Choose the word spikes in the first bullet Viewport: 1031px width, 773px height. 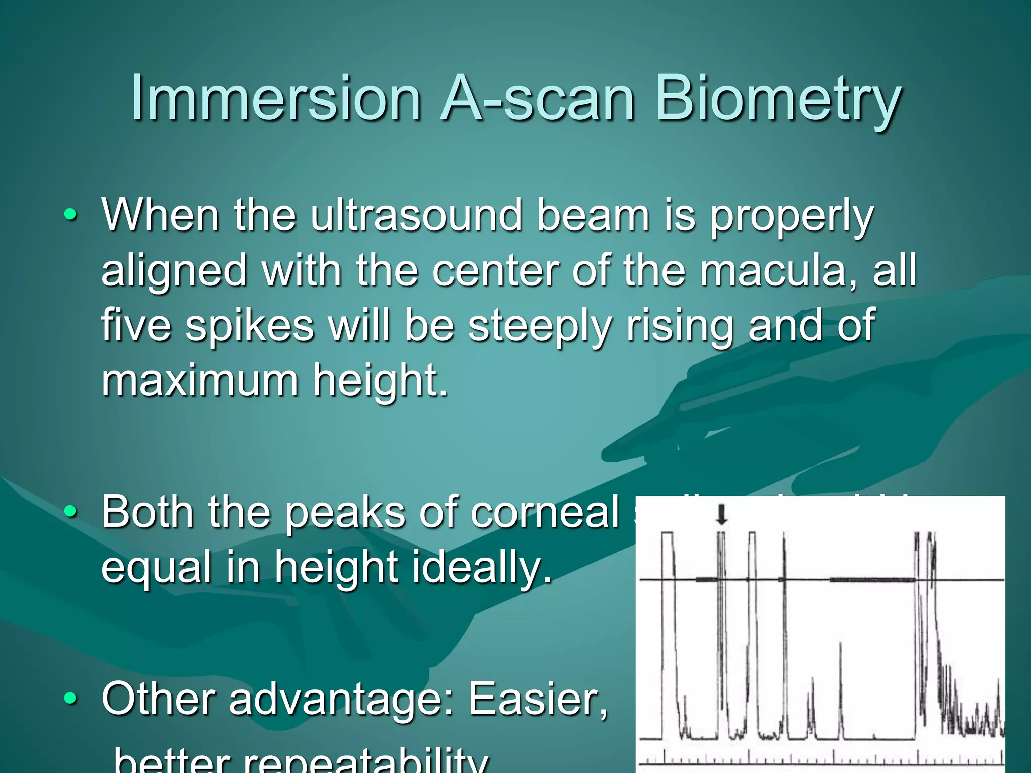tap(250, 326)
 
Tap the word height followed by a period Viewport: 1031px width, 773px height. tap(380, 381)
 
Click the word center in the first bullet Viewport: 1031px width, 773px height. tap(495, 271)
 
